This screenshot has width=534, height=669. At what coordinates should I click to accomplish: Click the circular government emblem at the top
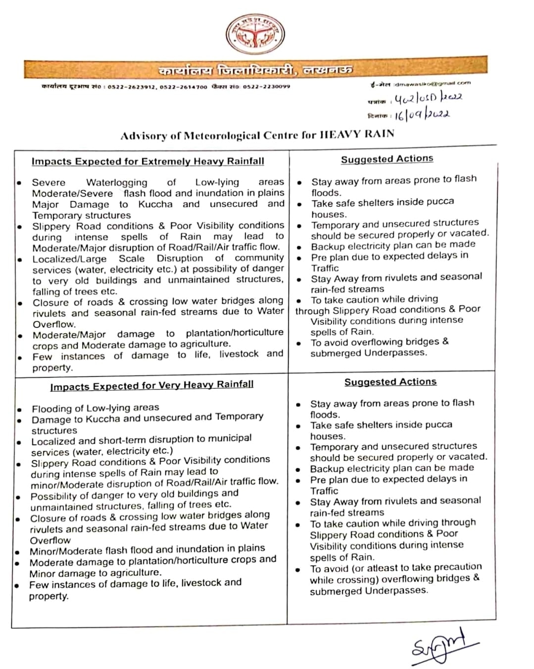point(255,35)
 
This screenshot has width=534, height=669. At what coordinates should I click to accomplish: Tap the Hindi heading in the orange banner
point(255,70)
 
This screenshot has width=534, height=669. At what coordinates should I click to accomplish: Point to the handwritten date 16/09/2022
point(422,115)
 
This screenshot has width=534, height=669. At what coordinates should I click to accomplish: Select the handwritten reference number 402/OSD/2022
point(428,98)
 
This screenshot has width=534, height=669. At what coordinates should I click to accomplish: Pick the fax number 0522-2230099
point(266,87)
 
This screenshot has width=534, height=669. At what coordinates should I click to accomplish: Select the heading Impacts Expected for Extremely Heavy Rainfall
point(147,161)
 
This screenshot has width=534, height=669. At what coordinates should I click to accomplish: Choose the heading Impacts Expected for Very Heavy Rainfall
point(151,385)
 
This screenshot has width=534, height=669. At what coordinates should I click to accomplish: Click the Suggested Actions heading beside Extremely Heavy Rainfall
point(387,159)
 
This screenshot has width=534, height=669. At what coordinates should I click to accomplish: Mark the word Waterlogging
point(117,182)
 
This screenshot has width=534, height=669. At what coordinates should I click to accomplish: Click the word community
point(259,257)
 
